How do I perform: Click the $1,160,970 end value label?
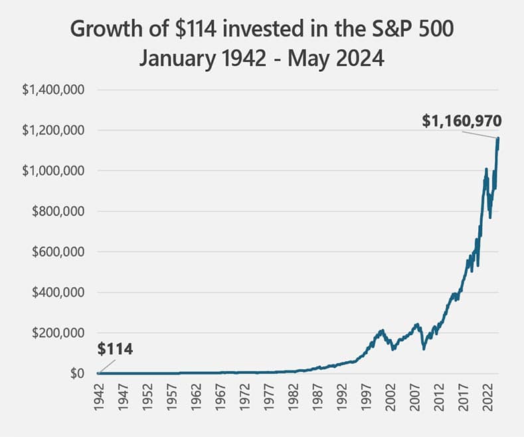pos(462,121)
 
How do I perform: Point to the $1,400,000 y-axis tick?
pos(52,90)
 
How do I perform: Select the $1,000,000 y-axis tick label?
pos(52,171)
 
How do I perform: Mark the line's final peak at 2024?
pos(498,138)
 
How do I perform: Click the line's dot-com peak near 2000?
pos(382,331)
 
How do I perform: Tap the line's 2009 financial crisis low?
pos(424,349)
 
